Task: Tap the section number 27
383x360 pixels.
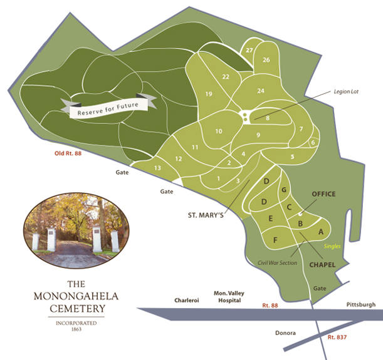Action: [249, 50]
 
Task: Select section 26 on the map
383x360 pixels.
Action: [266, 59]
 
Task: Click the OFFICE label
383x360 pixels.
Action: [323, 194]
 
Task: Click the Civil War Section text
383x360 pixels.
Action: [277, 262]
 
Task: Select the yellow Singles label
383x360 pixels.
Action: [333, 247]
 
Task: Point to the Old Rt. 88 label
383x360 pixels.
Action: [68, 153]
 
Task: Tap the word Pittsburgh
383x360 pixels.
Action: [360, 304]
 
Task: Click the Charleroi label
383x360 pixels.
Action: [186, 301]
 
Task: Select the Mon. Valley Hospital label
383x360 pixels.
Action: [228, 296]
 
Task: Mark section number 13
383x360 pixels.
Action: [157, 168]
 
